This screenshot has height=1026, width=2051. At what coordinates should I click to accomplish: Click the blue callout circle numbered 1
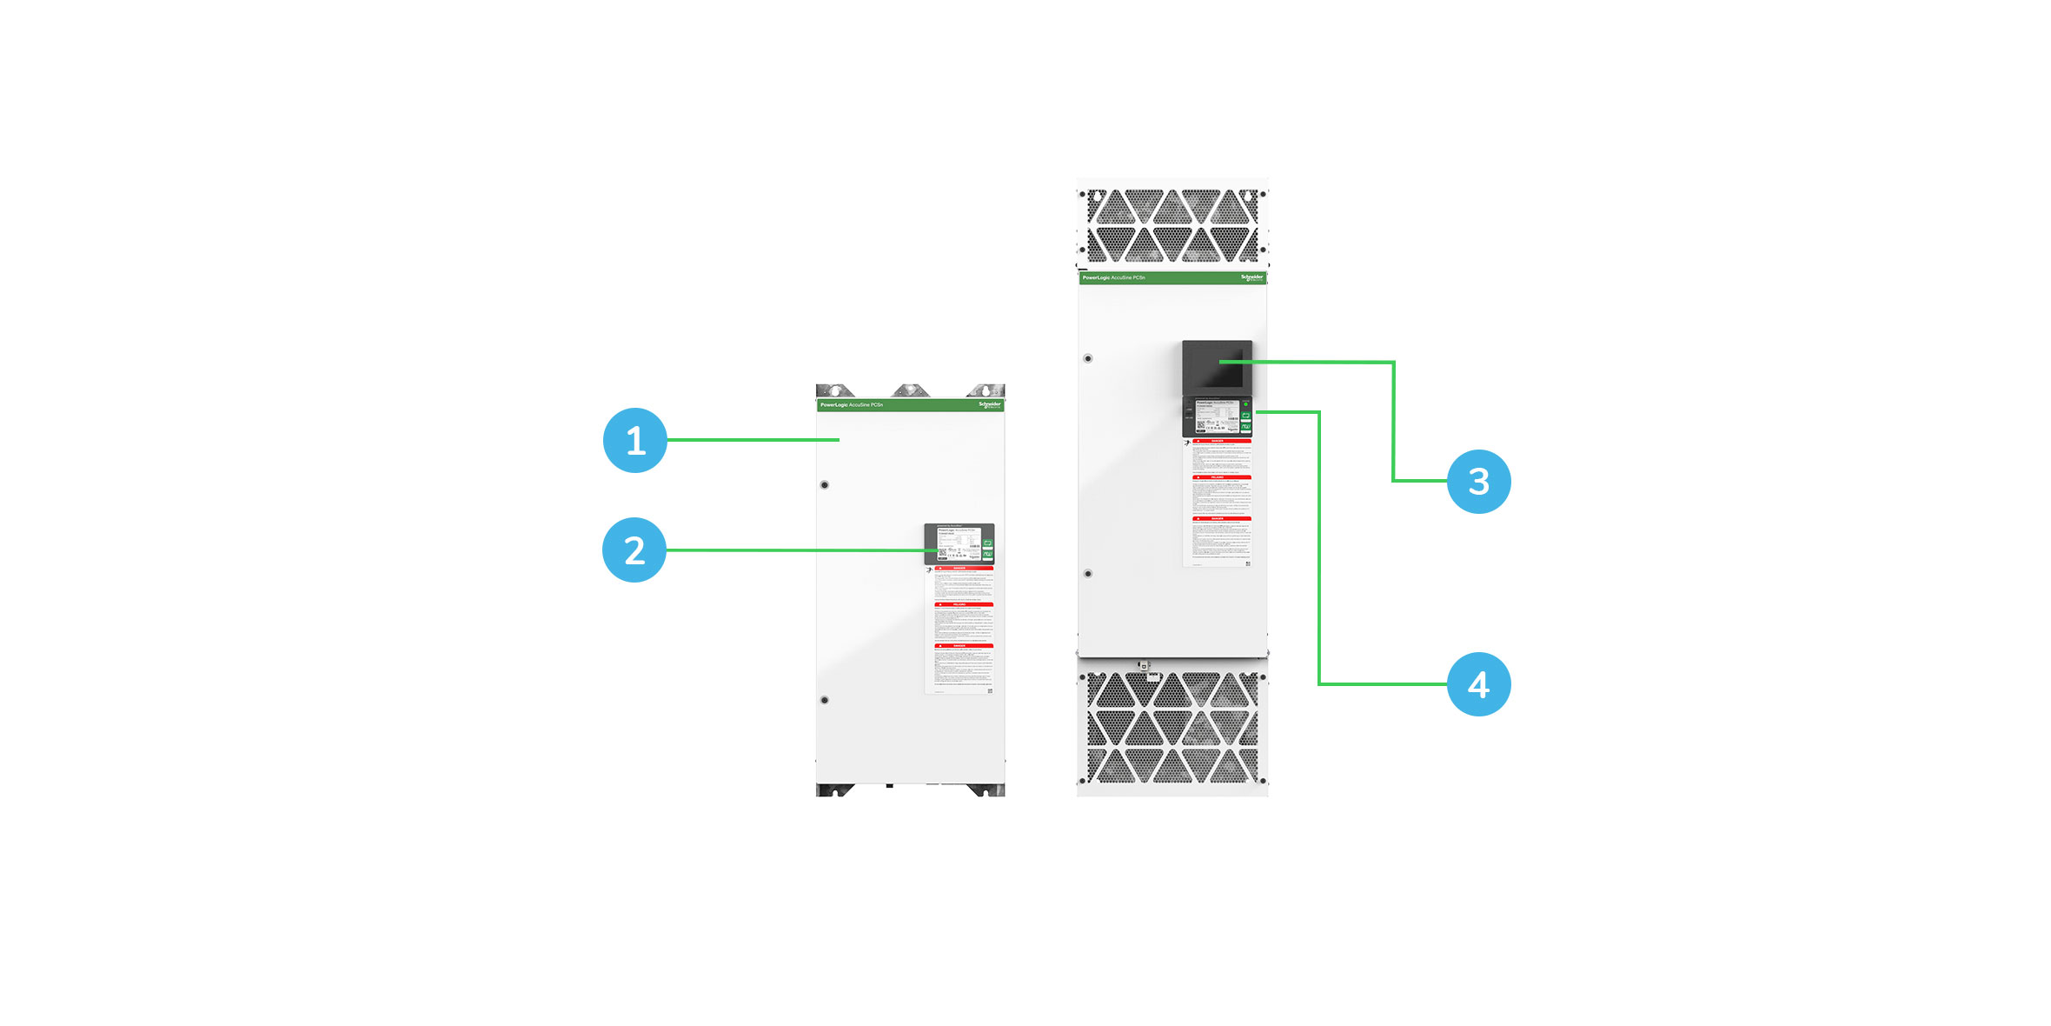[x=635, y=440]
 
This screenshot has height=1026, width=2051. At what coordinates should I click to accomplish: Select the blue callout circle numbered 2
[x=634, y=550]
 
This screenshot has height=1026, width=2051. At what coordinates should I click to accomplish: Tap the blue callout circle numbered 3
[x=1478, y=481]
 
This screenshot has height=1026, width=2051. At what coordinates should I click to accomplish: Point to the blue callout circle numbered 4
[x=1478, y=684]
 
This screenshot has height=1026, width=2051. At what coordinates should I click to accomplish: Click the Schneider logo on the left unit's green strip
[x=990, y=404]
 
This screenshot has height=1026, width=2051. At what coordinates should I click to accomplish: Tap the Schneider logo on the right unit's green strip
[x=1251, y=277]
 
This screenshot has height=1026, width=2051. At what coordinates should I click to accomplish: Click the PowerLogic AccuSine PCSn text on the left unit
[x=852, y=405]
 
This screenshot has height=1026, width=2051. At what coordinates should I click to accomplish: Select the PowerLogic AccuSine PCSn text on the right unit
[x=1114, y=278]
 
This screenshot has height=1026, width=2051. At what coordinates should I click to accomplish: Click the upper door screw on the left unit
[x=825, y=485]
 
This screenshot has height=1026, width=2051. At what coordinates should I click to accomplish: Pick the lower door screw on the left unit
[x=825, y=700]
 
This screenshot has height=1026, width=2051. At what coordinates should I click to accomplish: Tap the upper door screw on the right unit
[x=1087, y=358]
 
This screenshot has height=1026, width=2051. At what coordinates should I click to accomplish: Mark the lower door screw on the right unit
[x=1087, y=574]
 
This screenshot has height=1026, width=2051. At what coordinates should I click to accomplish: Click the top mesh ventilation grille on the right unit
[x=1172, y=225]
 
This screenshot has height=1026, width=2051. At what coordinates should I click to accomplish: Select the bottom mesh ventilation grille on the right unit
[x=1172, y=728]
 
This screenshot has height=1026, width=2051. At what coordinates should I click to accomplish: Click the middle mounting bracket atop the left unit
[x=911, y=390]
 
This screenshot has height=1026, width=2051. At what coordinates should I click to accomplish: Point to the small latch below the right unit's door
[x=1145, y=666]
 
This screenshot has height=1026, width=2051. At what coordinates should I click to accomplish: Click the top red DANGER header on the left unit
[x=959, y=569]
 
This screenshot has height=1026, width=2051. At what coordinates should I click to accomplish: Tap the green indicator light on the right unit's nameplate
[x=1245, y=404]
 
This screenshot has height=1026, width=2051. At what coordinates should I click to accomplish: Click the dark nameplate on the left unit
[x=959, y=543]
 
